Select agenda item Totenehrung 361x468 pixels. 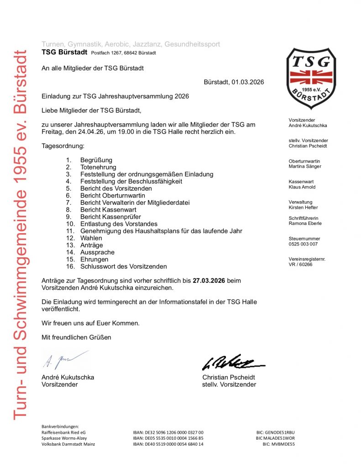pos(98,167)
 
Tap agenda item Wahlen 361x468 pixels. pos(91,238)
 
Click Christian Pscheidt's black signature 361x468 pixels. pos(232,362)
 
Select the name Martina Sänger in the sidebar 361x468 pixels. pos(305,166)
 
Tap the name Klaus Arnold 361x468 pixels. pos(302,187)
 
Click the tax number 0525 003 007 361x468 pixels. pos(303,244)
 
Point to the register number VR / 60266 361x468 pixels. pos(300,264)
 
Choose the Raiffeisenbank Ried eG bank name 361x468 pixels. pos(63,432)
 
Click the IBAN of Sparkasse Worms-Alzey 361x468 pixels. pos(168,438)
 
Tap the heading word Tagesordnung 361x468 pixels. pos(63,146)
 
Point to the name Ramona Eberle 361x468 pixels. pos(305,223)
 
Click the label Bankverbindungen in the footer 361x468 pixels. pos(60,426)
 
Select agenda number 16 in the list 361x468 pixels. pos(70,266)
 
